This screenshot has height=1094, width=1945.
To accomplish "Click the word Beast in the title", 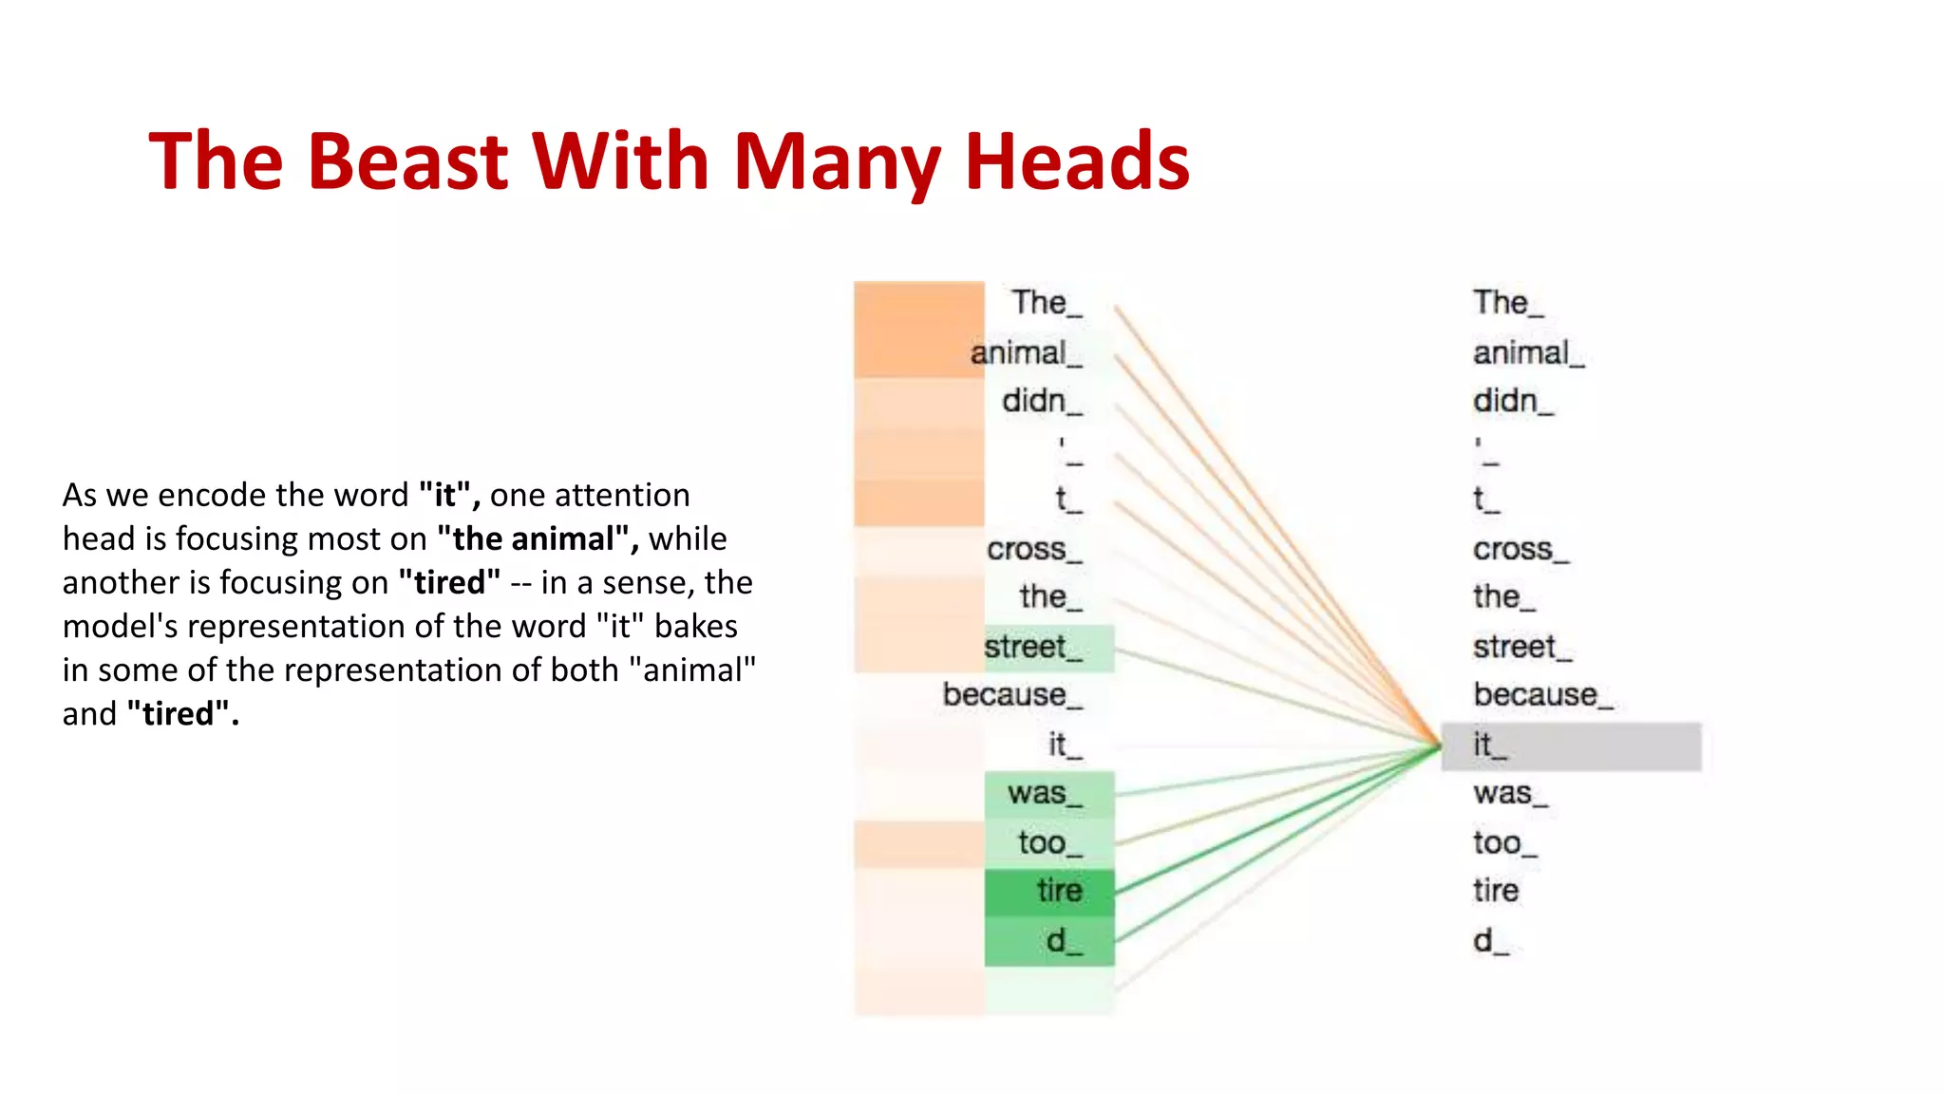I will click(x=408, y=161).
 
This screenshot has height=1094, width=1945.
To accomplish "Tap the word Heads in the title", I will click(x=1077, y=161).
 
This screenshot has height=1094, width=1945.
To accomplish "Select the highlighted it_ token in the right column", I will click(x=1489, y=745).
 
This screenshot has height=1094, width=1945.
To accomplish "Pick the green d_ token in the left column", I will click(x=1063, y=941).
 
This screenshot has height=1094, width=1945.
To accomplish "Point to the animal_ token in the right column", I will click(x=1527, y=353).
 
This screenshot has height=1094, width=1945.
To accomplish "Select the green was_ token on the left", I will click(x=1044, y=793).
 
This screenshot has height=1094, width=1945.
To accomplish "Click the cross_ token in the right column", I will click(x=1520, y=549).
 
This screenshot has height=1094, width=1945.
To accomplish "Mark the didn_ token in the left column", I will click(x=1041, y=401).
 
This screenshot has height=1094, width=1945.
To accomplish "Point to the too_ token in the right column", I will click(x=1503, y=842).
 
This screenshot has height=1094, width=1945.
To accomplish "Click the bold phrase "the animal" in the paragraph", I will click(x=538, y=539).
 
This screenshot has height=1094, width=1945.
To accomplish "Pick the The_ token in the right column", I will click(x=1507, y=303).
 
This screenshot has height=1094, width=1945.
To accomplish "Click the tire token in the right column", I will click(x=1496, y=891).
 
